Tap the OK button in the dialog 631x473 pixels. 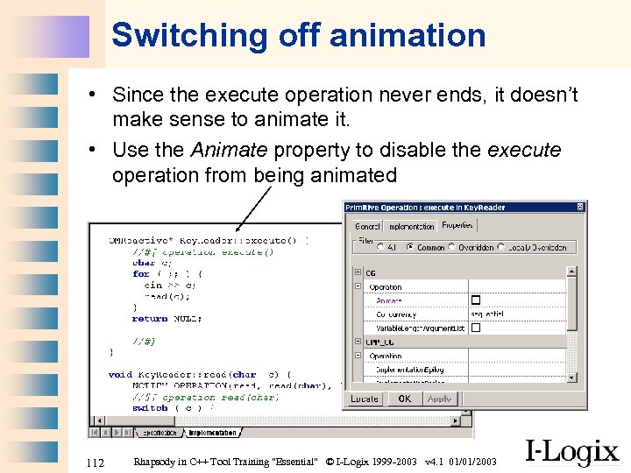pos(404,399)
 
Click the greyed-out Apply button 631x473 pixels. pos(439,399)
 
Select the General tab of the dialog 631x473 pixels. pos(367,226)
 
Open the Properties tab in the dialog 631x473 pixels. pos(457,225)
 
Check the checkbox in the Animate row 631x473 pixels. pos(476,300)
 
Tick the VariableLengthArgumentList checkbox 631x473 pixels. pos(476,328)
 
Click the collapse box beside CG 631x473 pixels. pos(358,273)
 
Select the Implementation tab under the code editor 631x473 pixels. pos(211,433)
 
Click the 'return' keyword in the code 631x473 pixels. pos(149,318)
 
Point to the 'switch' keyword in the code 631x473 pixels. pos(150,408)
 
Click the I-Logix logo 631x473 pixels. pos(572,451)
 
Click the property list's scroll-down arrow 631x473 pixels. pos(571,378)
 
